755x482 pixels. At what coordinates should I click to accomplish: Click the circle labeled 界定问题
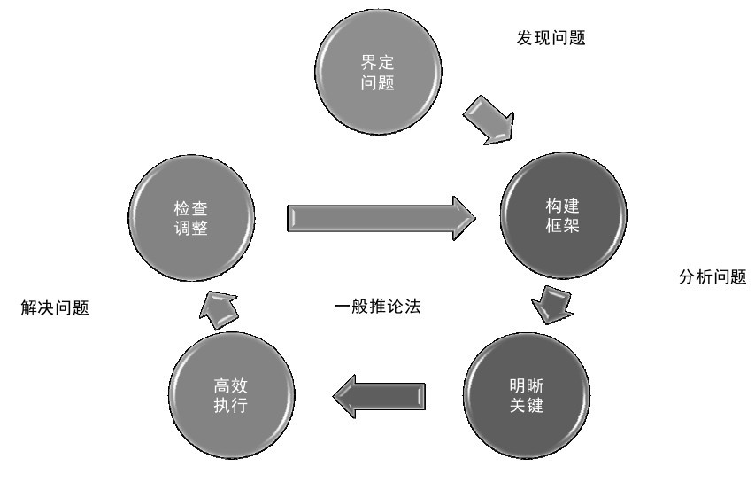pos(378,72)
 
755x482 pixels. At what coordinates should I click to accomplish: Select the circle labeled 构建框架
pos(563,216)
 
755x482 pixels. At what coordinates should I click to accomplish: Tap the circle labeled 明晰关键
pos(527,395)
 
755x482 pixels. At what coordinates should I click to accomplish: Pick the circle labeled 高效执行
pos(232,395)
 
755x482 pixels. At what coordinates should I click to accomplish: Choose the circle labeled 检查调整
pos(191,218)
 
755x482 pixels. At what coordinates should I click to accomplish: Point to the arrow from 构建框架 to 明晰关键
pos(552,305)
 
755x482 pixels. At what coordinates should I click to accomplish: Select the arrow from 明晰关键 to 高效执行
pos(379,396)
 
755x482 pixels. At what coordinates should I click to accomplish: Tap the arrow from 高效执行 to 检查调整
pos(219,310)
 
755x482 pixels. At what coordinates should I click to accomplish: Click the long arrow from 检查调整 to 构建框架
pos(381,218)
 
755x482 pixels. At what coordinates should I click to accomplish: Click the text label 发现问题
pos(551,37)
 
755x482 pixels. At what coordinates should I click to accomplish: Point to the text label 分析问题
pos(713,276)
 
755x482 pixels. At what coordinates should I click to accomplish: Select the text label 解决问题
pos(55,307)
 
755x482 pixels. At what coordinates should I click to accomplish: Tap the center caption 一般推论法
pos(377,306)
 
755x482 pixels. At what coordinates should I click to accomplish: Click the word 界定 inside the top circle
pos(377,62)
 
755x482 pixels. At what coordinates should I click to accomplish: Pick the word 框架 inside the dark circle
pos(562,226)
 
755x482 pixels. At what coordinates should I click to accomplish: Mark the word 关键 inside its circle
pos(527,406)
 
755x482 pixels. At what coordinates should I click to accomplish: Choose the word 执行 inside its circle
pos(231,406)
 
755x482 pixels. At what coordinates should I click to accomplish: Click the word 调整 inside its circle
pos(190,228)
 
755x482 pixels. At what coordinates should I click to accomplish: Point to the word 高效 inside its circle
pos(231,385)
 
